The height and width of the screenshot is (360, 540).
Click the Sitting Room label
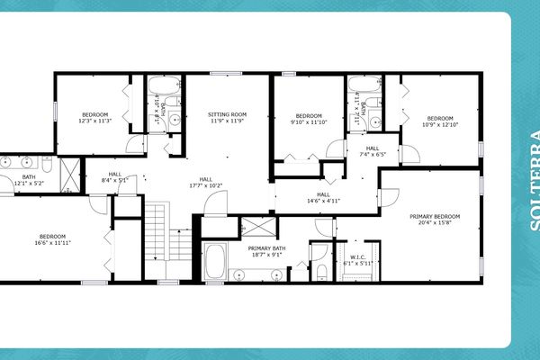tap(227, 115)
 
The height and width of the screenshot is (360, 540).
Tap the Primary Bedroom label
tap(435, 217)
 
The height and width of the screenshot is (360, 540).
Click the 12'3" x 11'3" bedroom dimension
tap(94, 121)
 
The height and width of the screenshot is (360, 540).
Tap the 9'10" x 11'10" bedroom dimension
tap(309, 122)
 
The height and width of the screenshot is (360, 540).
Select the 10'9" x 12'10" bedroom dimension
tap(439, 125)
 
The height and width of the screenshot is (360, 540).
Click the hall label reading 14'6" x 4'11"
tap(323, 201)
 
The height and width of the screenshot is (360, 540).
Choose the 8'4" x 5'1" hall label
tap(114, 180)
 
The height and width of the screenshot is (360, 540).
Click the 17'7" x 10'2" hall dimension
tap(206, 185)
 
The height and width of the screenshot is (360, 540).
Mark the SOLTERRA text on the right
tap(533, 180)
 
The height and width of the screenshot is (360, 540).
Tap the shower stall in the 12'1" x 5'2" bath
tap(69, 175)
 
